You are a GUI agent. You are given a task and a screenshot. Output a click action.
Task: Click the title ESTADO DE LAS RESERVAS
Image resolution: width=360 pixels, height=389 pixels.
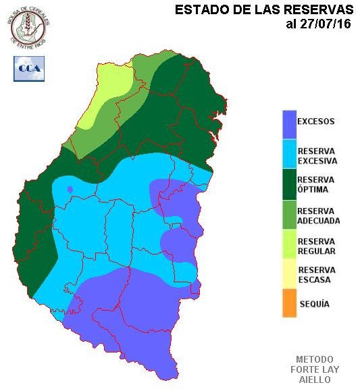[x=263, y=10]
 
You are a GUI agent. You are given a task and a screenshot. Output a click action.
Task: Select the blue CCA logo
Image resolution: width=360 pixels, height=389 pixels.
[x=29, y=68]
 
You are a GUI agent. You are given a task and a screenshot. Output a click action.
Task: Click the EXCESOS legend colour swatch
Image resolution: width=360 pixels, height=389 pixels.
[x=289, y=123]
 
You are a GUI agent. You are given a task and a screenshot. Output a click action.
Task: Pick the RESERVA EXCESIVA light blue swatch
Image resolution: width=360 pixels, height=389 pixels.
[x=289, y=155]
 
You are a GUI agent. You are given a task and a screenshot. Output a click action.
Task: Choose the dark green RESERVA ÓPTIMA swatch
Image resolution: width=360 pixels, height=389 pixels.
[x=289, y=184]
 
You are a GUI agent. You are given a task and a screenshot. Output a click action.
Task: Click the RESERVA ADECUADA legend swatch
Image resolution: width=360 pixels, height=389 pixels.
[x=289, y=215]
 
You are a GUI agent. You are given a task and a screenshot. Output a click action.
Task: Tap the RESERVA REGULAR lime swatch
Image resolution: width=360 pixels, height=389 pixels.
[x=289, y=244]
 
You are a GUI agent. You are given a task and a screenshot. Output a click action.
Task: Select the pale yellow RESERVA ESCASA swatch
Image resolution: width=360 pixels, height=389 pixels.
[x=289, y=274]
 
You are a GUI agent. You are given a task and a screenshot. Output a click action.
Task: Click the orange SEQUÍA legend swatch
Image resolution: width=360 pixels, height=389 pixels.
[x=289, y=303]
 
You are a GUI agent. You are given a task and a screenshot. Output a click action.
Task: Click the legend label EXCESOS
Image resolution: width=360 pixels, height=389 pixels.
[x=316, y=122]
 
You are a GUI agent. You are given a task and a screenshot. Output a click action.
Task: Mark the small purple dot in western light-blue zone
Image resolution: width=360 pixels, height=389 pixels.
[x=70, y=190]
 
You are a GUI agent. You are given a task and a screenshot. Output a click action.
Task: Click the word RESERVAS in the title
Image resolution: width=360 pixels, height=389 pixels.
[x=317, y=10]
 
